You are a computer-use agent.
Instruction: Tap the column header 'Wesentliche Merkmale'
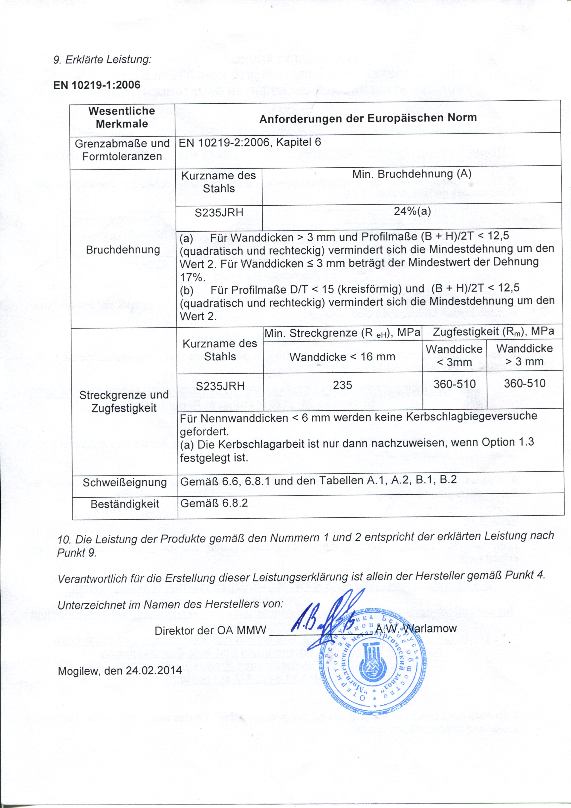[x=122, y=117]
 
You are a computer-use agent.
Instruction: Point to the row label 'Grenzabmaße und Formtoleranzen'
[x=122, y=150]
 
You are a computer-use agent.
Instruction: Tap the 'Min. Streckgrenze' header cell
[x=342, y=333]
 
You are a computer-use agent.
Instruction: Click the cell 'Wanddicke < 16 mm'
[x=342, y=357]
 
